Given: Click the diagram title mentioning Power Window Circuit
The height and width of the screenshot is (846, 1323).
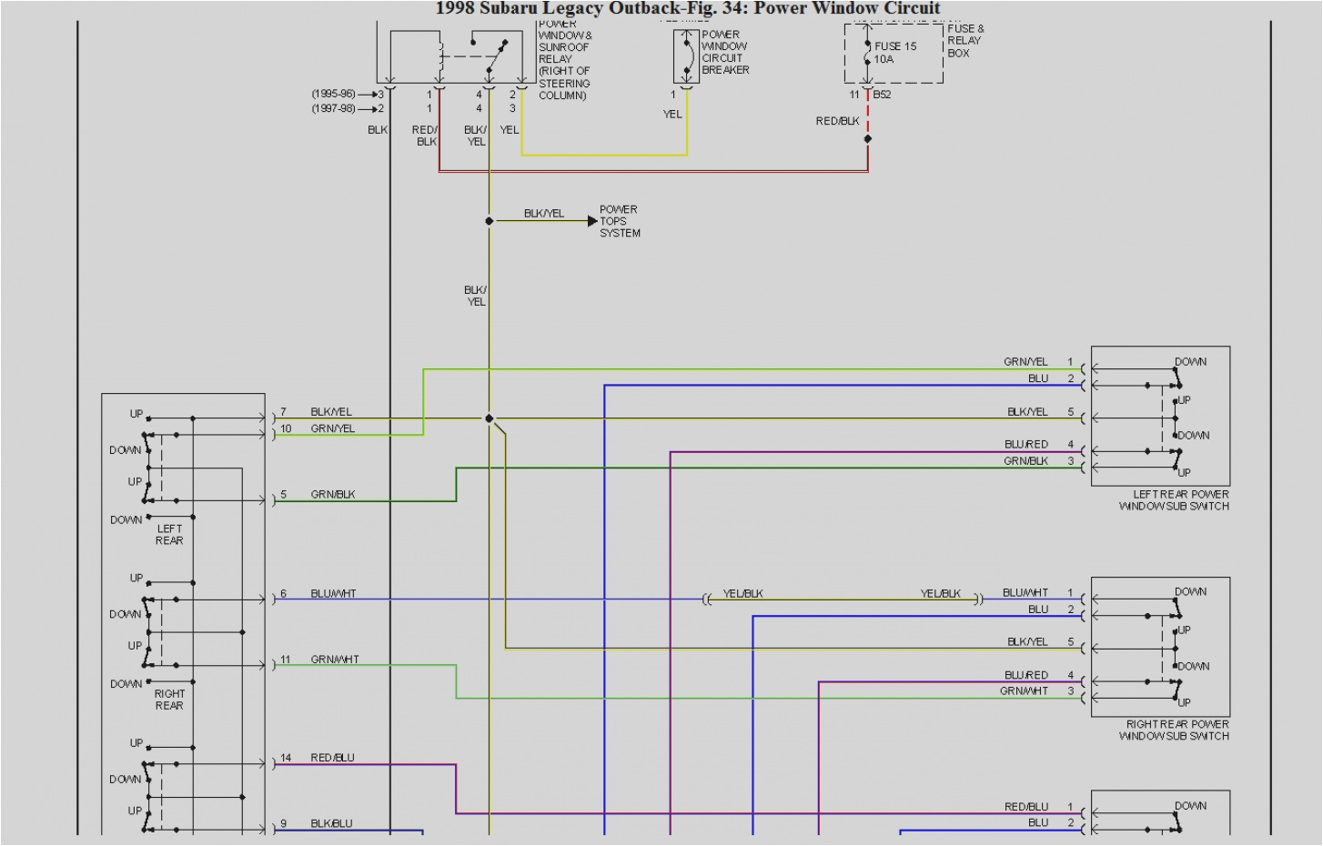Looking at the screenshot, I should [x=687, y=8].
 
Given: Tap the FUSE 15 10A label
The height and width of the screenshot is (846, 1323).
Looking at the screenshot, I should [x=895, y=53].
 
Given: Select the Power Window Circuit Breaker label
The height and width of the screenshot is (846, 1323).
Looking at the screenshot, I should [x=725, y=52].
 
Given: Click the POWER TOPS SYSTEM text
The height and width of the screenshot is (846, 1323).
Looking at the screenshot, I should [x=620, y=221].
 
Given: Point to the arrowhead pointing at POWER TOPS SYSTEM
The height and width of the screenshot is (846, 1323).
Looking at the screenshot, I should [x=593, y=221].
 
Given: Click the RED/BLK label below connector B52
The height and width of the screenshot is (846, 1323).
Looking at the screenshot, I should [x=837, y=121].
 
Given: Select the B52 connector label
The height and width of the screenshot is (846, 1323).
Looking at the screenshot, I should [x=882, y=95].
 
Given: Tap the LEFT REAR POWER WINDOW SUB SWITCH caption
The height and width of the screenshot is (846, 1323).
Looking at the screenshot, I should [x=1175, y=500].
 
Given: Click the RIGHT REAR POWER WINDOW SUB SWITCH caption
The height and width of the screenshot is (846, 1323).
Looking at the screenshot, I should [x=1175, y=730].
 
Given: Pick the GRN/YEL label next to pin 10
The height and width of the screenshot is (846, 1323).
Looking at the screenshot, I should [x=332, y=428].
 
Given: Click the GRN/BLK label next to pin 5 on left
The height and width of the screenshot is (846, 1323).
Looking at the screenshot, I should [x=332, y=495].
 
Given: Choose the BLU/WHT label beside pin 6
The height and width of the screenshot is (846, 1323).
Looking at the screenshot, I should [x=333, y=594].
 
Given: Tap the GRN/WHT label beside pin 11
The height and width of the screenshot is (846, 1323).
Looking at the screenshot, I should [x=334, y=660].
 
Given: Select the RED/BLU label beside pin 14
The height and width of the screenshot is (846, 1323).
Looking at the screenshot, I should [x=332, y=758].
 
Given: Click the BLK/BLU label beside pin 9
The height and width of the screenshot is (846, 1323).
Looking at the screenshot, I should [x=331, y=824].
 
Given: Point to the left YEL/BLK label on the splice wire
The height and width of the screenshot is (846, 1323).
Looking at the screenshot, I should [x=742, y=594].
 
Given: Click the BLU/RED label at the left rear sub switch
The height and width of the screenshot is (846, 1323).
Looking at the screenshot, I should [x=1026, y=445].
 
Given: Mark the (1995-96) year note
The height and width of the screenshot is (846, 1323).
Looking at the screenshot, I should [x=333, y=94].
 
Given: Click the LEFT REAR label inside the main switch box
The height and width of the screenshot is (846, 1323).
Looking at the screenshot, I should [x=169, y=535].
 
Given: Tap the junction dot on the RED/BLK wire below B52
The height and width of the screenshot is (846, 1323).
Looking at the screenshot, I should [x=868, y=139].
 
